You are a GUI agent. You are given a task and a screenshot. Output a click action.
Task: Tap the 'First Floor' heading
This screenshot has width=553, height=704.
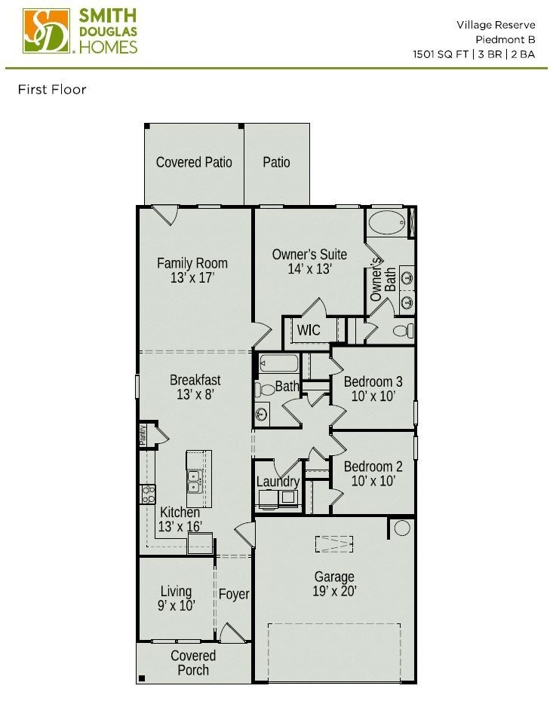pyautogui.click(x=52, y=90)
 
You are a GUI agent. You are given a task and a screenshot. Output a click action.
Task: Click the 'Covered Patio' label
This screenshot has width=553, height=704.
pyautogui.click(x=194, y=162)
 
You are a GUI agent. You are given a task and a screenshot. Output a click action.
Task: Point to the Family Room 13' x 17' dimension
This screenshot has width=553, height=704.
pyautogui.click(x=192, y=278)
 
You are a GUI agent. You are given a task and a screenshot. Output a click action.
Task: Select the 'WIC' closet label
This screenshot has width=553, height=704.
pyautogui.click(x=308, y=330)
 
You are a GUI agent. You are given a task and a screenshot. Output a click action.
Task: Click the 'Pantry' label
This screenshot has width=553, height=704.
pyautogui.click(x=142, y=435)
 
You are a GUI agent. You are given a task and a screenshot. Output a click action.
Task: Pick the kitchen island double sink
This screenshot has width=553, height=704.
pyautogui.click(x=194, y=481)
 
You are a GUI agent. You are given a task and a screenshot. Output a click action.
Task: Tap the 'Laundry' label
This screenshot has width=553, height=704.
pyautogui.click(x=278, y=482)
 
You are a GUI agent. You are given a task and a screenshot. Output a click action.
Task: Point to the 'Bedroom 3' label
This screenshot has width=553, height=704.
pyautogui.click(x=373, y=381)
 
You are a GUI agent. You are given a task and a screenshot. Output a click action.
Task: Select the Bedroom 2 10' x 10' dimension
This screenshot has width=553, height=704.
pyautogui.click(x=373, y=482)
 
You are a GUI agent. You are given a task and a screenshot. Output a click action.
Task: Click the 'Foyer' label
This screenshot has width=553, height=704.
pyautogui.click(x=234, y=594)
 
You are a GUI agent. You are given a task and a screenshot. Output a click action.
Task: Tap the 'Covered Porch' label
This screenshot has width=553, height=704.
pyautogui.click(x=193, y=663)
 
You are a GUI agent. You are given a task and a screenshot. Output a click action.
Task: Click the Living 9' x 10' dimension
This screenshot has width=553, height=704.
pyautogui.click(x=176, y=606)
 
